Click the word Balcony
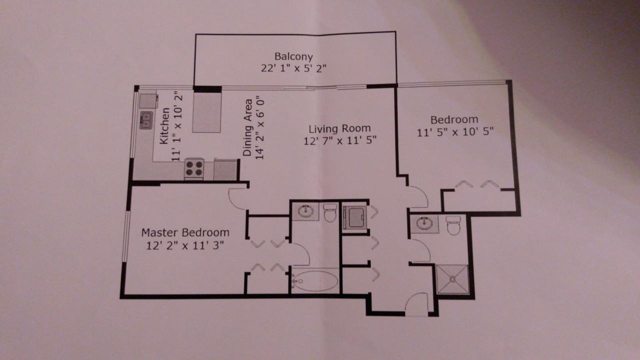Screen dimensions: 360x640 click(293, 56)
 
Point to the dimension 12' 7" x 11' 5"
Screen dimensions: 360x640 click(339, 140)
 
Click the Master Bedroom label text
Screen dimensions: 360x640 click(185, 232)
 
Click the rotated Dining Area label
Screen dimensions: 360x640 click(247, 128)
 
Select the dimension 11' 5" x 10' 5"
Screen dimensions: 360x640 click(455, 131)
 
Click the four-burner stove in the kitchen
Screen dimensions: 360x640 click(194, 168)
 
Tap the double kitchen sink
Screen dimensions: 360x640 click(146, 120)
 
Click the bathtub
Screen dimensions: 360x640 click(314, 280)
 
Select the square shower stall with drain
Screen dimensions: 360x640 click(452, 280)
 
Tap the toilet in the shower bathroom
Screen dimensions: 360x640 click(453, 225)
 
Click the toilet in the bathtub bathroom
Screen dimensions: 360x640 click(330, 212)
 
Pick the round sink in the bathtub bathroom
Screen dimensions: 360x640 click(305, 211)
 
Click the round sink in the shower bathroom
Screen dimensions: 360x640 click(424, 222)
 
